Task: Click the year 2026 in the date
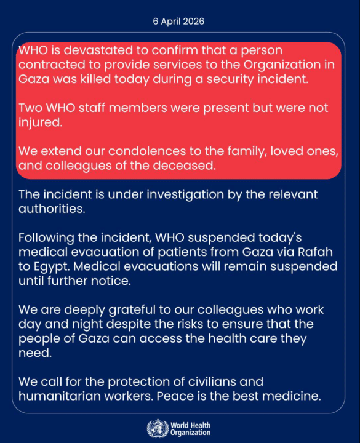pos(193,21)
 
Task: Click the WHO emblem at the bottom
pos(156,427)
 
